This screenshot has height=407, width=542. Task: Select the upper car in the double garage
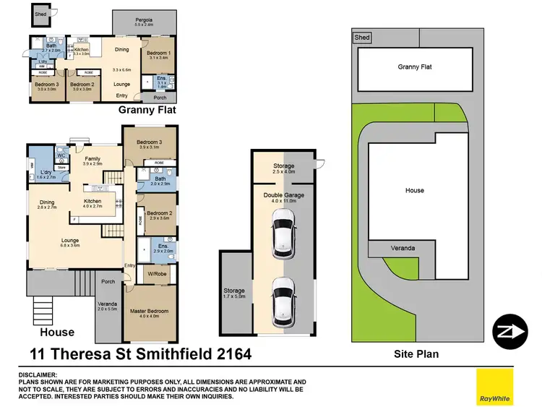[x=283, y=234]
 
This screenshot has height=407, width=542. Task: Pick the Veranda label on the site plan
[x=403, y=247]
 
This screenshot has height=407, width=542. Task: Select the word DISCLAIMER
[x=37, y=374]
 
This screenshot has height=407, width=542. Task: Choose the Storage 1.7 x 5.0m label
[x=234, y=293]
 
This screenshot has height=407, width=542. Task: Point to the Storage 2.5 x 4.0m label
[x=283, y=168]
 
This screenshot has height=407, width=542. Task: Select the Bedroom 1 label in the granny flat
[x=159, y=54]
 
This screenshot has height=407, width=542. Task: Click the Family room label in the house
[x=93, y=159]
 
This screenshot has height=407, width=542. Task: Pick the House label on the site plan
[x=414, y=191]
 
